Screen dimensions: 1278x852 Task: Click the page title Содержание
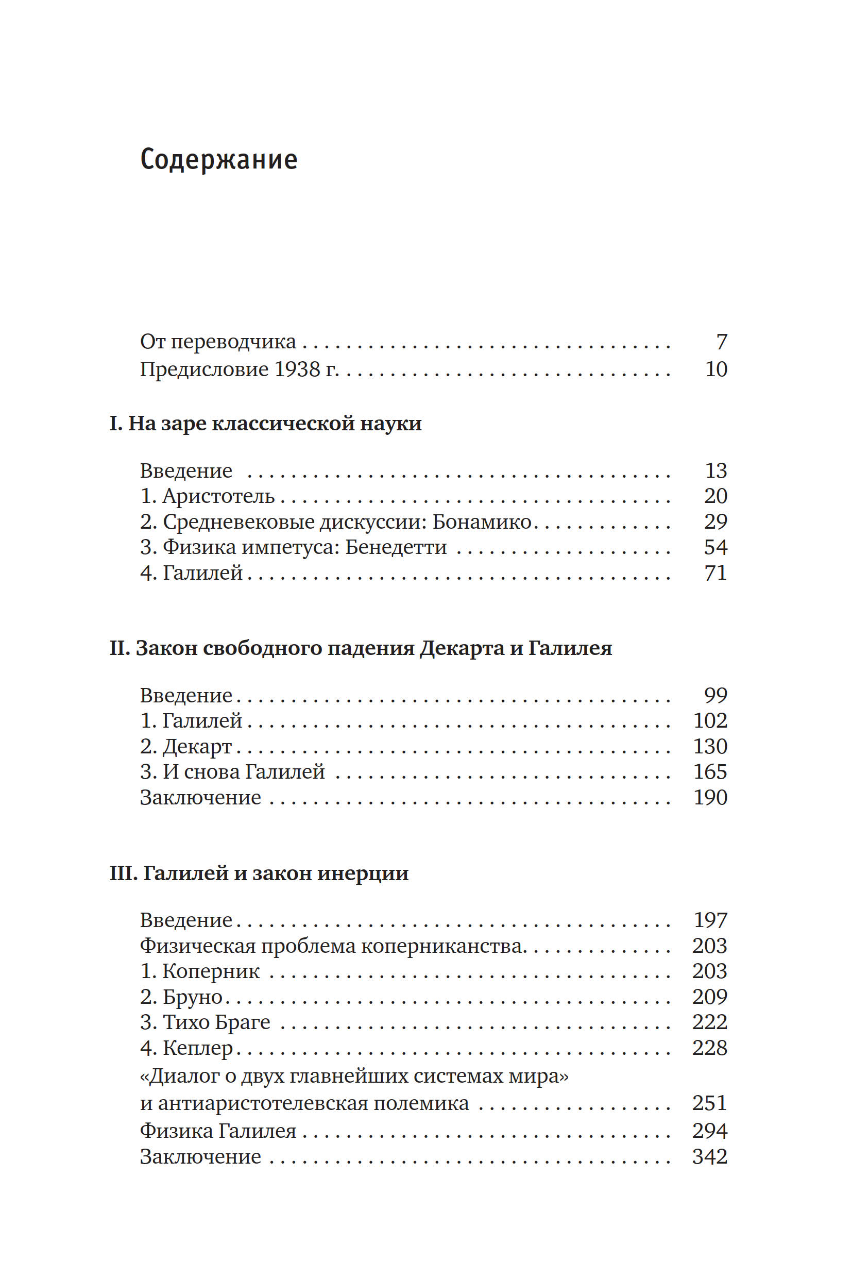(218, 160)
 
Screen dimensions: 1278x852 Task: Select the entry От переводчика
(218, 342)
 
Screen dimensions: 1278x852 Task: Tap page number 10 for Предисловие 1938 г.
(715, 369)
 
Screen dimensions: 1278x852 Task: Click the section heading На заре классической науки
(266, 423)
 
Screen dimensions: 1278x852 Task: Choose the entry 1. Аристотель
(207, 496)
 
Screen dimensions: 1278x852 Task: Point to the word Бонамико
(482, 522)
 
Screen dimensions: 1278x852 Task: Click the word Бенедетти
(396, 547)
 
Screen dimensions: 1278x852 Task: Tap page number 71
(715, 573)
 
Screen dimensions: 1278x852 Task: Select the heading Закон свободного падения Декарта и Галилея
(361, 648)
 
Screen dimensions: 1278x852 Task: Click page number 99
(715, 695)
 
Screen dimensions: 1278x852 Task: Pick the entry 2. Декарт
(186, 746)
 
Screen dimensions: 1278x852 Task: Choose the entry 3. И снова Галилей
(232, 772)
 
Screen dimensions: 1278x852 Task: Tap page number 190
(710, 797)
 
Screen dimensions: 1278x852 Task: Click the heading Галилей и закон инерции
(259, 873)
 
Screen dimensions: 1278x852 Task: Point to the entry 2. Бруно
(181, 997)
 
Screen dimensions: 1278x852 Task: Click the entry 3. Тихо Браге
(205, 1022)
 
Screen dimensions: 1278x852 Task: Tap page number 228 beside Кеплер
(709, 1048)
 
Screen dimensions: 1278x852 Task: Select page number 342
(709, 1156)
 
